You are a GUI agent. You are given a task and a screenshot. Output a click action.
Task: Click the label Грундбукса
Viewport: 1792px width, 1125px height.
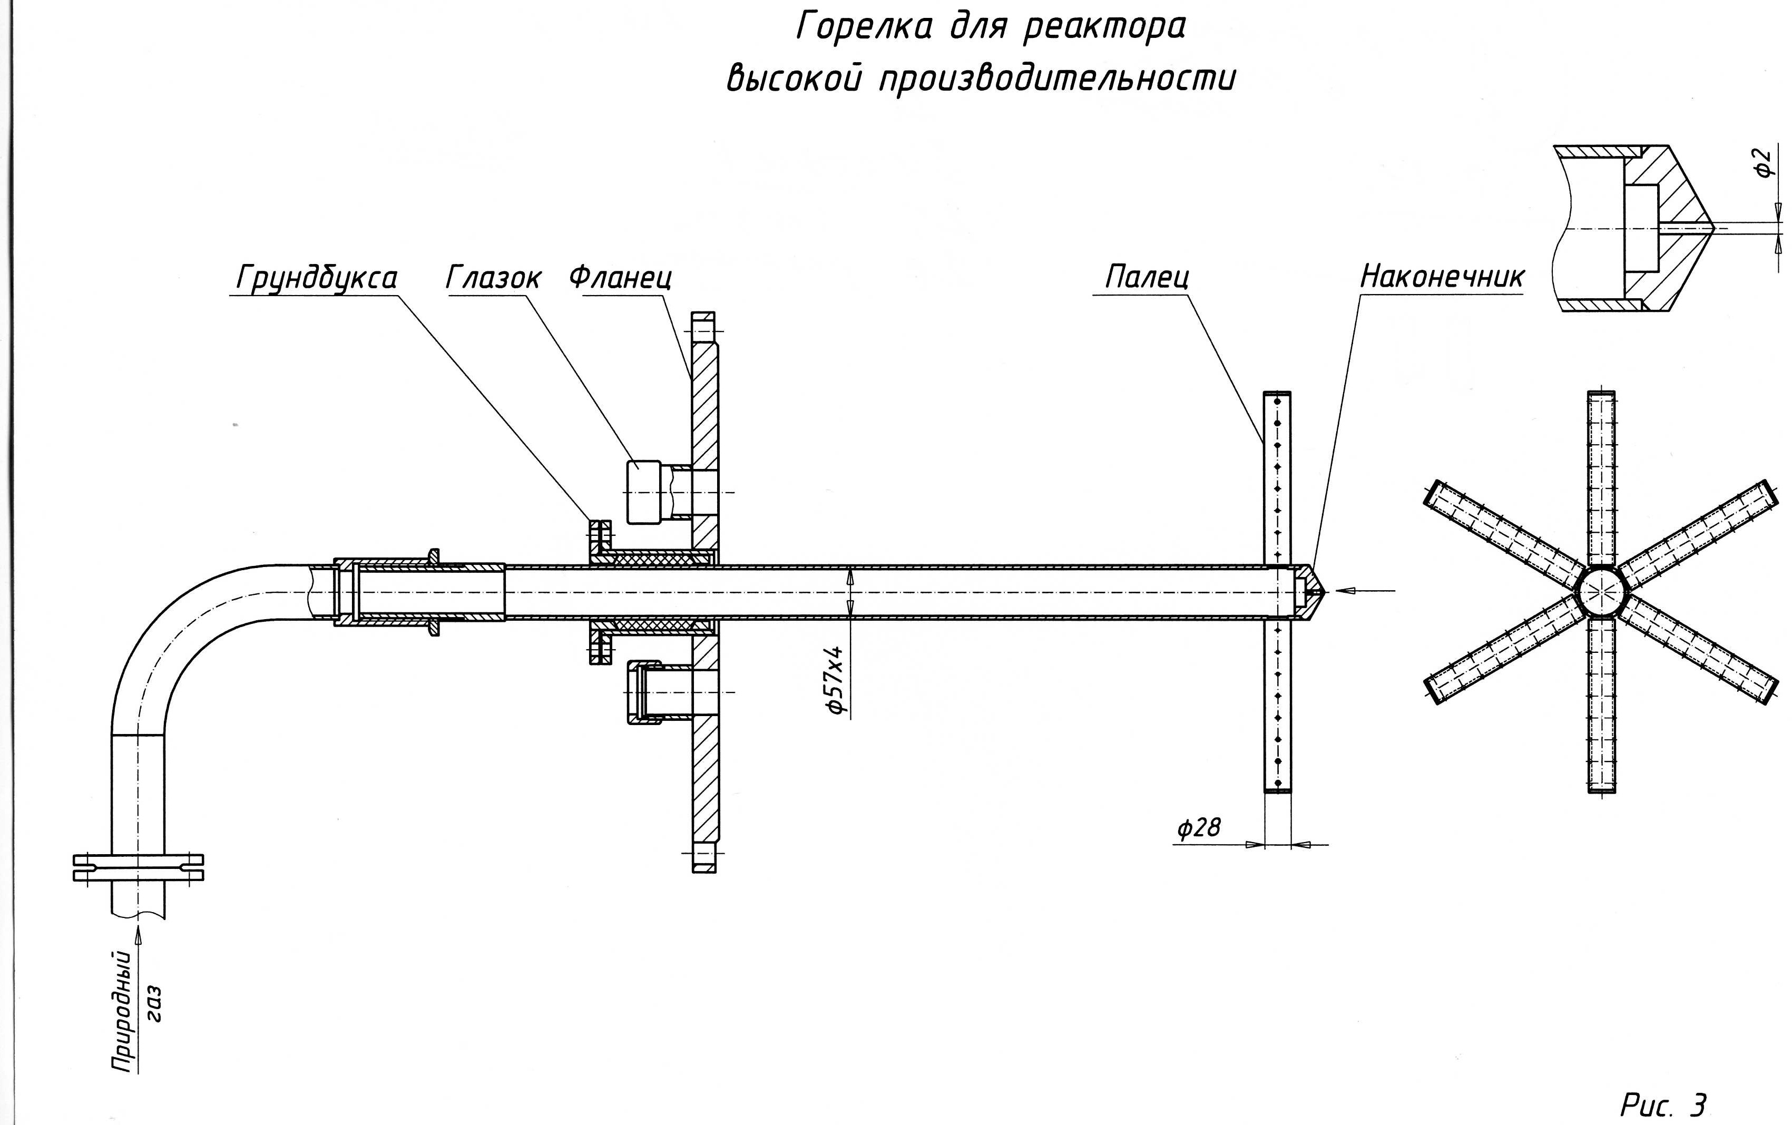(316, 278)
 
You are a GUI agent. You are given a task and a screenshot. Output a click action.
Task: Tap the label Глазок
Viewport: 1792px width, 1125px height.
(493, 278)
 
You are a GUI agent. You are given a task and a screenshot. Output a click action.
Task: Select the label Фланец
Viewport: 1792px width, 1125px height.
(620, 278)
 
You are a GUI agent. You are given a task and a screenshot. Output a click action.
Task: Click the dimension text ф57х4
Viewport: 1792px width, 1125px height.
(836, 680)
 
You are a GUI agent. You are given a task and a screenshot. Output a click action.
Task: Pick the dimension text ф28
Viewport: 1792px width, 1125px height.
(1198, 827)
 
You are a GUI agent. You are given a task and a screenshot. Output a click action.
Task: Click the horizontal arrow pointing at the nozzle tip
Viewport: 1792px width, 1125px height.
(1364, 591)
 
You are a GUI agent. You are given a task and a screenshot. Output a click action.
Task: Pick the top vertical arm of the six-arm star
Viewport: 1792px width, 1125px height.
(1601, 476)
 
